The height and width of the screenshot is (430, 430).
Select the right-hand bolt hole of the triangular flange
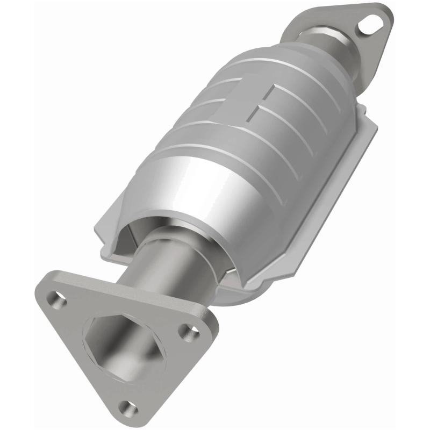[x=188, y=334]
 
